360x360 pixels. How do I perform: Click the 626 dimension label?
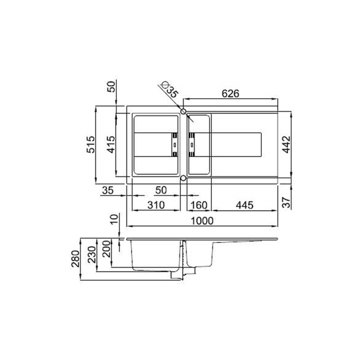(230, 94)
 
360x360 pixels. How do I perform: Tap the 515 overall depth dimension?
(90, 144)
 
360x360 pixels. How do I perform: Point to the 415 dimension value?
(111, 144)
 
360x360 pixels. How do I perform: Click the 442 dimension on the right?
(286, 144)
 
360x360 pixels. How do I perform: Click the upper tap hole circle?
(183, 111)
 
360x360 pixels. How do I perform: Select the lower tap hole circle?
(183, 178)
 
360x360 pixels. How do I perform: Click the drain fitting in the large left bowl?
(175, 144)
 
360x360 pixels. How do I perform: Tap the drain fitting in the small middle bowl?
(192, 144)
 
